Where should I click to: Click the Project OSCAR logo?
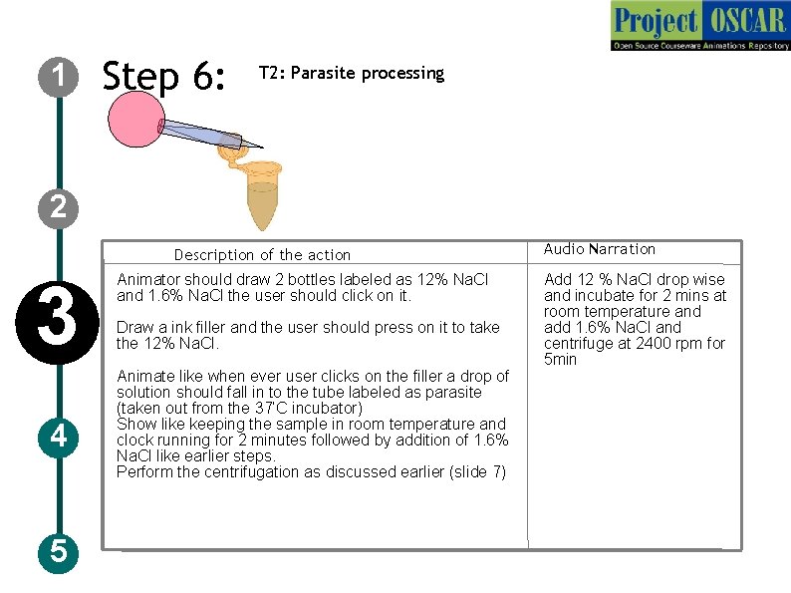700,26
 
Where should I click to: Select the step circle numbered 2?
59,206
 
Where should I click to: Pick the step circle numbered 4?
59,437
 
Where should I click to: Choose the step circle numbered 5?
59,550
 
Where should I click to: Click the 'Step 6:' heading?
165,77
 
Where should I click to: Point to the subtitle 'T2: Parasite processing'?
351,73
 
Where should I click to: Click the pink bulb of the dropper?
134,120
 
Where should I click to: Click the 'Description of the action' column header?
262,255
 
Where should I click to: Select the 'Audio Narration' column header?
599,249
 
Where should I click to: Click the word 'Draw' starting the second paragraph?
134,328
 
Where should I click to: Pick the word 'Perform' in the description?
143,472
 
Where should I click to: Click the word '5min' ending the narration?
560,360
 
